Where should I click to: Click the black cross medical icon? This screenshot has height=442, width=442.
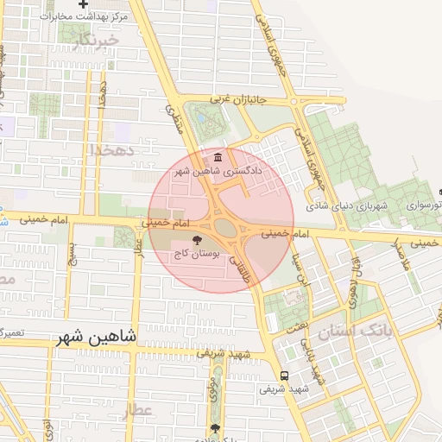(x=83, y=4)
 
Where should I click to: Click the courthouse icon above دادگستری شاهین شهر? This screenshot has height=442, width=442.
(x=216, y=158)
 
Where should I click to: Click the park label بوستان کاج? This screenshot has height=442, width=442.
(x=199, y=255)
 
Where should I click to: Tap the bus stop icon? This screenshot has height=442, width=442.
(x=286, y=376)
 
